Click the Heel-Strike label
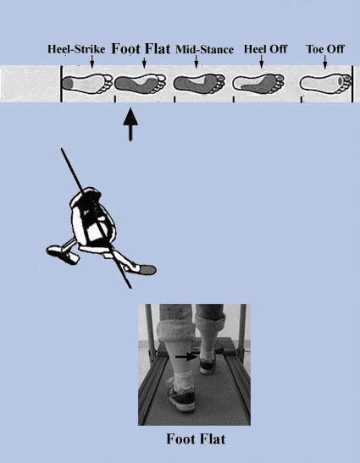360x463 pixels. [x=76, y=49]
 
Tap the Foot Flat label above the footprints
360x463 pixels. [x=141, y=49]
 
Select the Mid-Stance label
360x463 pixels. [x=204, y=49]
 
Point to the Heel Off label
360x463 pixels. [x=265, y=49]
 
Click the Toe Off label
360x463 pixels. [x=324, y=49]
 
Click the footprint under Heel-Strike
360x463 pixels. [x=87, y=83]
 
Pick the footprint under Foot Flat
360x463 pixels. [x=140, y=82]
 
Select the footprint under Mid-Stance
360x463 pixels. [x=199, y=82]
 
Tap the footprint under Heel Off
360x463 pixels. [x=258, y=82]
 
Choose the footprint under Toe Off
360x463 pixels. [x=326, y=82]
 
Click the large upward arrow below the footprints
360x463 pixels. [x=130, y=124]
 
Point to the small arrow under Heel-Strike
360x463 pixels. [x=92, y=62]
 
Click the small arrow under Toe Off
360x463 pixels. [x=325, y=62]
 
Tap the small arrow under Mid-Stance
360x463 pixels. [x=197, y=62]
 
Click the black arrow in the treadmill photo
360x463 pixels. [x=187, y=357]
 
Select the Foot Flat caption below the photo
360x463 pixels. [x=196, y=439]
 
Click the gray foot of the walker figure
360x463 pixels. [x=147, y=270]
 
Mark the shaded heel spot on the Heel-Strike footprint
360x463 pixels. [x=68, y=83]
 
